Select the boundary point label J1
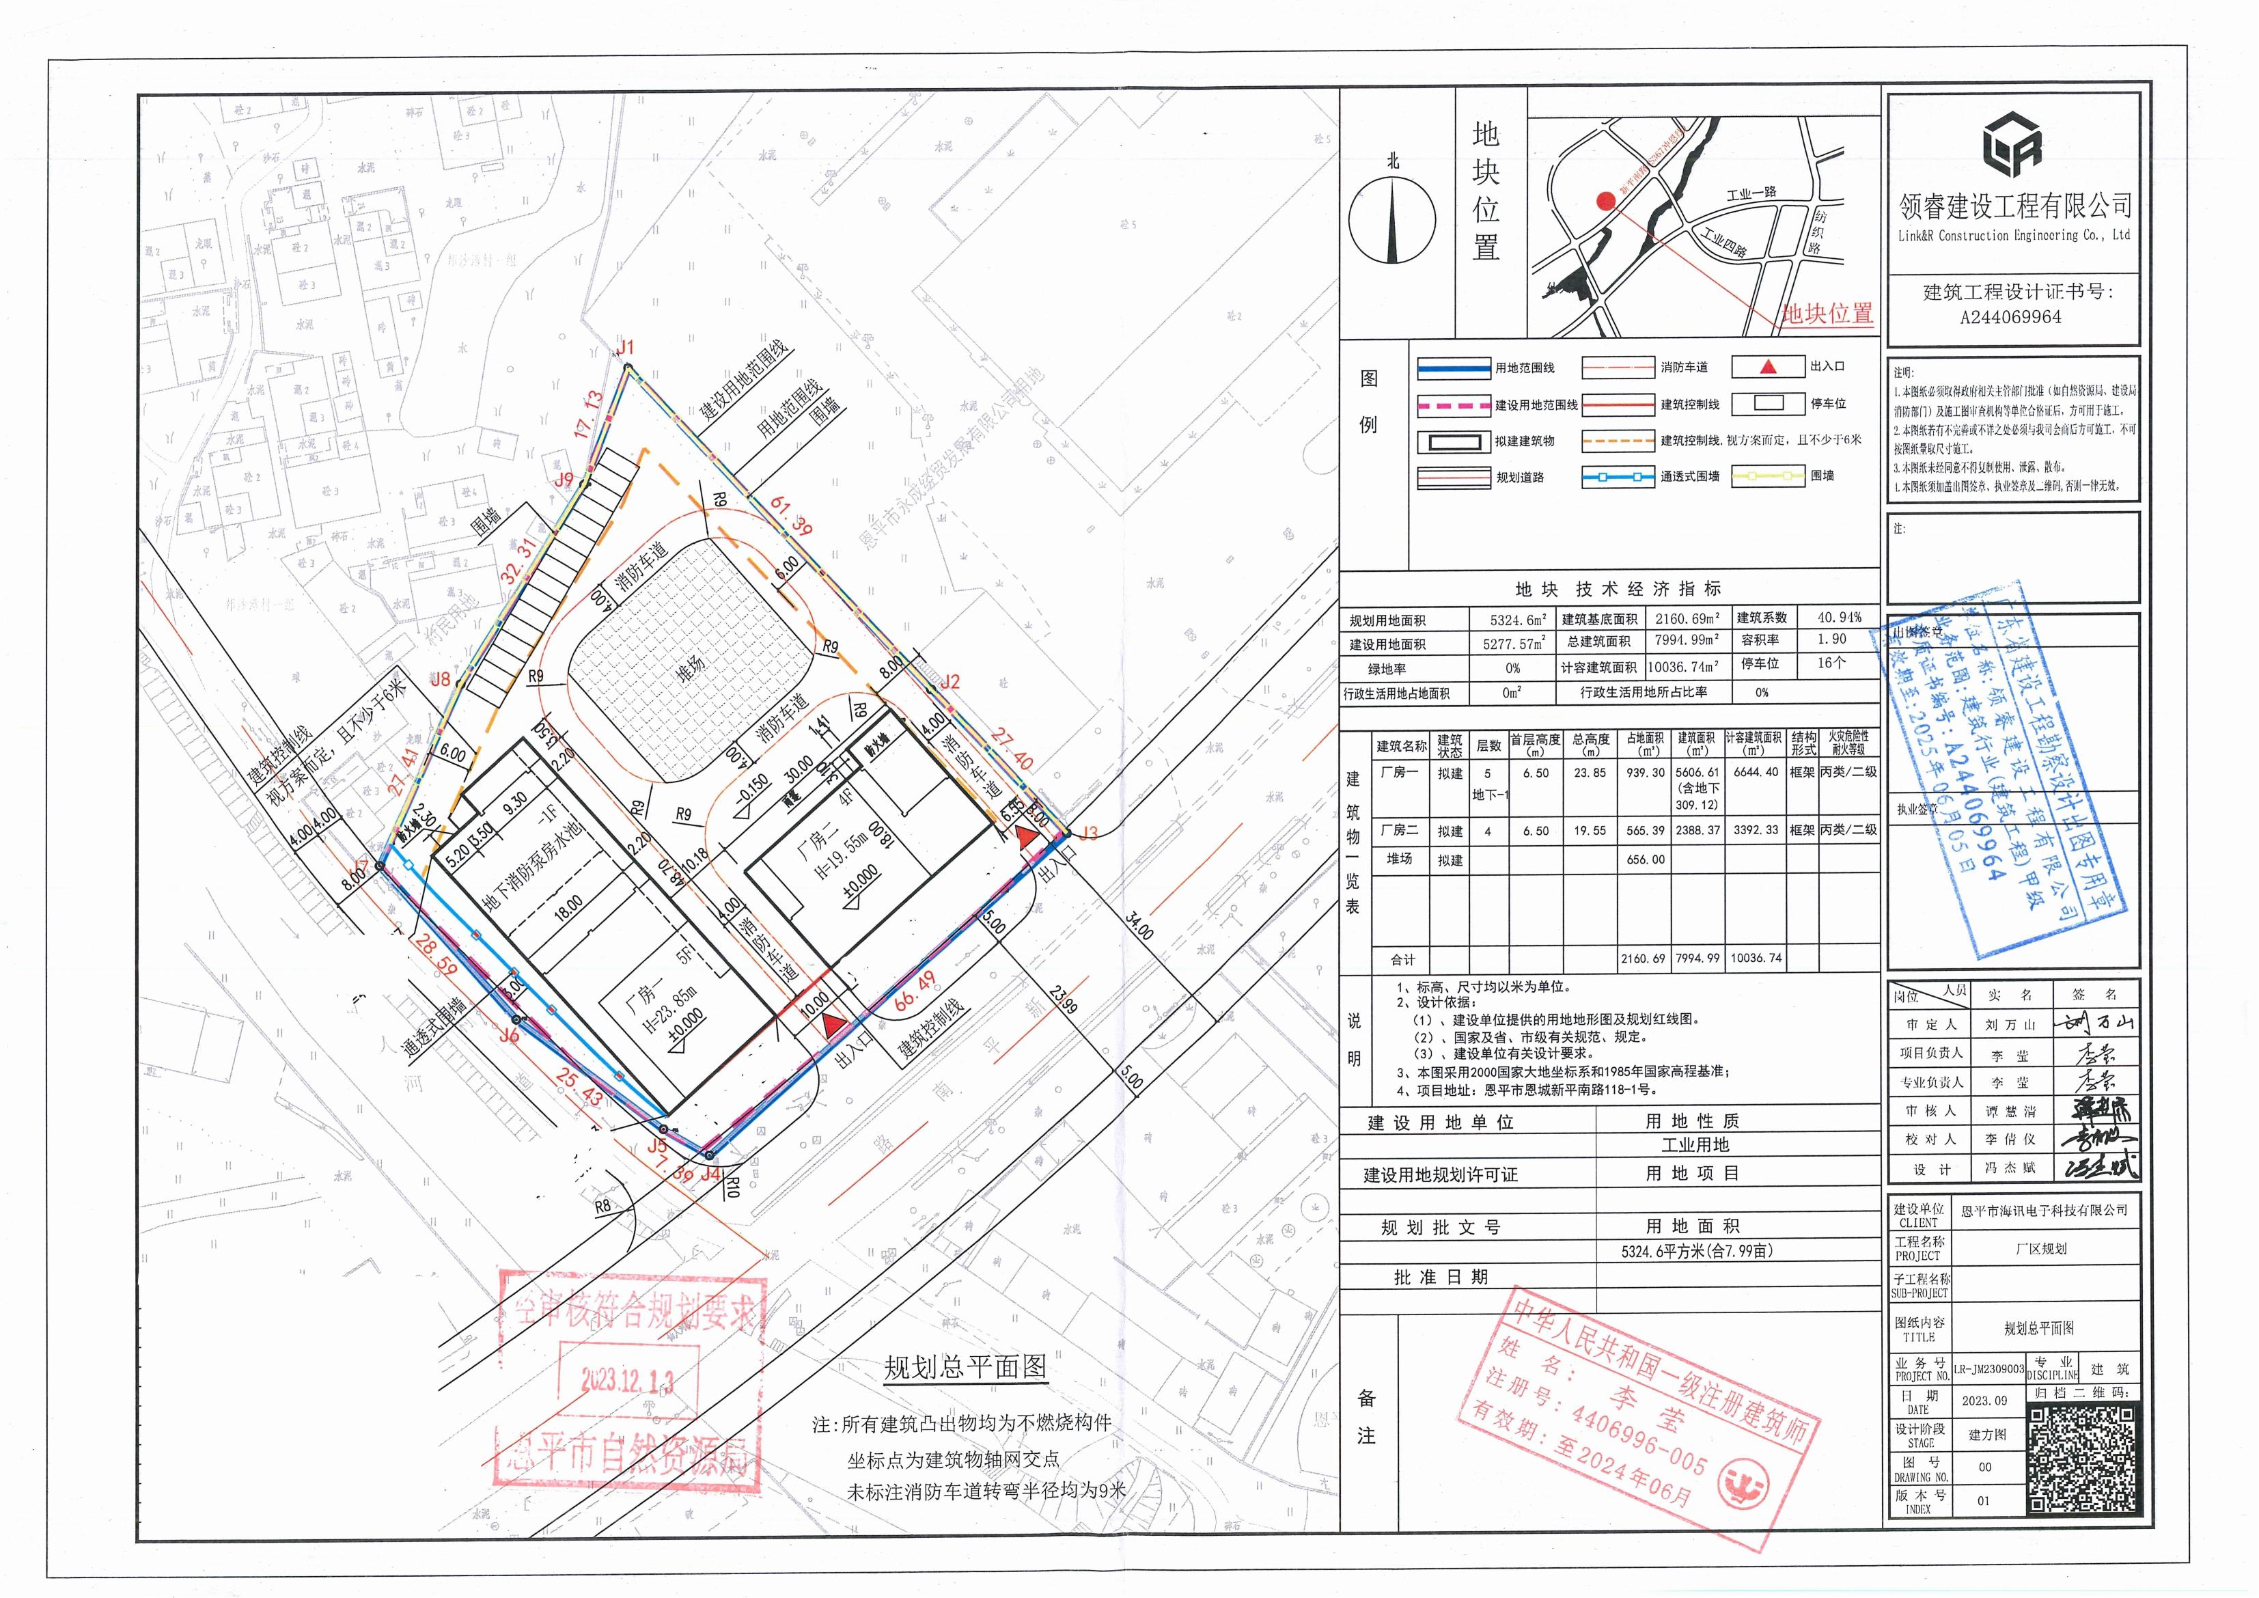pyautogui.click(x=625, y=347)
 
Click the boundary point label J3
pyautogui.click(x=1088, y=834)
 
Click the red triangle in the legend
pyautogui.click(x=1767, y=367)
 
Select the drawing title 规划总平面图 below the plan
pyautogui.click(x=965, y=1367)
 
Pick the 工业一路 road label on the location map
pyautogui.click(x=1751, y=193)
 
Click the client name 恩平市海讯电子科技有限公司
pyautogui.click(x=2044, y=1211)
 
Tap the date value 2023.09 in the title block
pyautogui.click(x=1984, y=1401)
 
